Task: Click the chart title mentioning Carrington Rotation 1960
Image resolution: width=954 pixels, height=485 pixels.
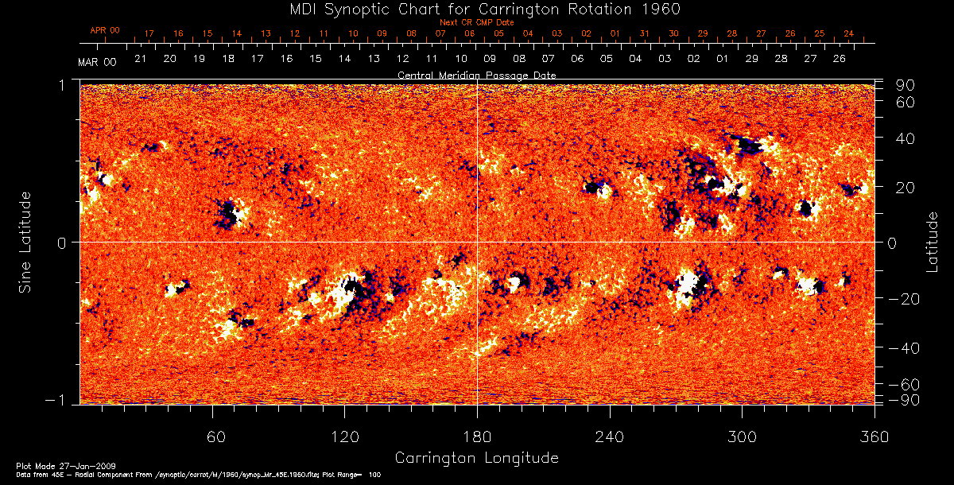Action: [476, 9]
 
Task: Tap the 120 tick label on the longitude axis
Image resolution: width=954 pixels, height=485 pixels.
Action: [344, 437]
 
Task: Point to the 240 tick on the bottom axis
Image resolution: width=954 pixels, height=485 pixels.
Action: [610, 437]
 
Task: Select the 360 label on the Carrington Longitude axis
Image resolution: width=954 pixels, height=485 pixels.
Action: [874, 437]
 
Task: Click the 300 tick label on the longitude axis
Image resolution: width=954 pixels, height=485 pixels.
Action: [742, 437]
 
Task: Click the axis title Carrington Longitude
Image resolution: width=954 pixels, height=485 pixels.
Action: [476, 458]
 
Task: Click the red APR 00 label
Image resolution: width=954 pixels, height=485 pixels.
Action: [105, 30]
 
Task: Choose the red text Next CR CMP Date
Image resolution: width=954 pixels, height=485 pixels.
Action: [476, 22]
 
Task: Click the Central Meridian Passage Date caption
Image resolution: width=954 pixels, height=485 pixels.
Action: [476, 75]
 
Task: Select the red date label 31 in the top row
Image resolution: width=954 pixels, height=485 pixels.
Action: [644, 34]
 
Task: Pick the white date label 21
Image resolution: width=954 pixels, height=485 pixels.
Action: [140, 59]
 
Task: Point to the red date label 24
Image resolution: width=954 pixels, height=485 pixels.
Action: [848, 34]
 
